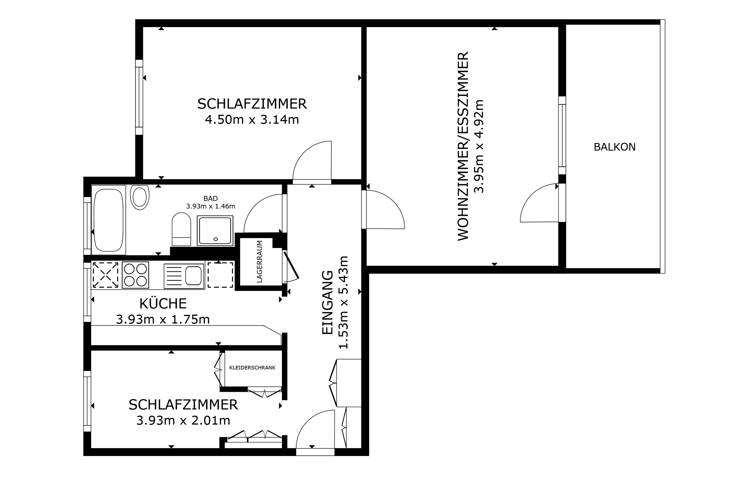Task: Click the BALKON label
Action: [615, 147]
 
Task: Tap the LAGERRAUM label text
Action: [260, 262]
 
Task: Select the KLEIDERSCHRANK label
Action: [252, 368]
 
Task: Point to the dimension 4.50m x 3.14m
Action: [252, 120]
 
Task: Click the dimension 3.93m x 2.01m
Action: [183, 420]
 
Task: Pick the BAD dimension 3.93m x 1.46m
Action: [211, 206]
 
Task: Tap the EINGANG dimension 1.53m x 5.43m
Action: [343, 302]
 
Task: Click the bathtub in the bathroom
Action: [109, 220]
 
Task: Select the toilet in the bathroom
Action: [181, 229]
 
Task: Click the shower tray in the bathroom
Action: [215, 231]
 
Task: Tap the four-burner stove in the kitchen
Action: [136, 275]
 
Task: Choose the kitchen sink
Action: [184, 275]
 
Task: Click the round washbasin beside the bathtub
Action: [140, 197]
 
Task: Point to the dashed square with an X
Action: [105, 275]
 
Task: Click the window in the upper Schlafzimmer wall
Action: [139, 97]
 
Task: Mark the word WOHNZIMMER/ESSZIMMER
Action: [463, 146]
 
